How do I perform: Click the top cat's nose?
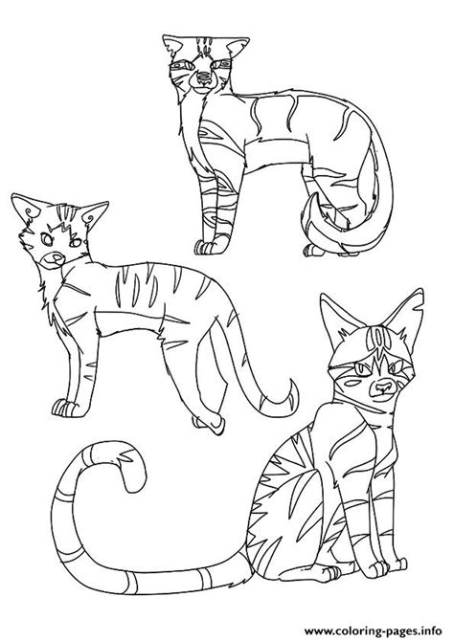203,77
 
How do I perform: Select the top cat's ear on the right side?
237,47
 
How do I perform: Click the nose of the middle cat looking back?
57,258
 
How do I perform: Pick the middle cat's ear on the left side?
26,209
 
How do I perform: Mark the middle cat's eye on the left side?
47,239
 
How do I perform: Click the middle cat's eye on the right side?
76,243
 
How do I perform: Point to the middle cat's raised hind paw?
209,425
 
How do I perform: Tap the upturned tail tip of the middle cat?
292,393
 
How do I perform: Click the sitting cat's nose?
383,386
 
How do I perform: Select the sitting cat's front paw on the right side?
380,568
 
